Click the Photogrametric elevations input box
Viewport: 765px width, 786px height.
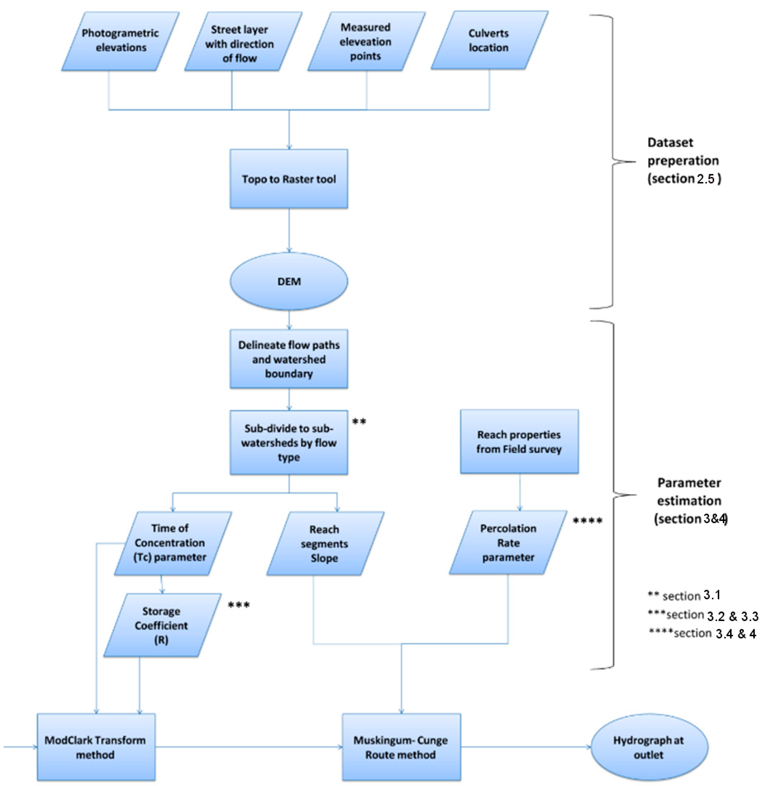point(120,41)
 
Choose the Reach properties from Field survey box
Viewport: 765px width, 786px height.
point(519,442)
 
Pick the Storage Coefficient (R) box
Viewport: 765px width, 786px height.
point(162,625)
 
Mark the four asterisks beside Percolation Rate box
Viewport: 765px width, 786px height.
point(587,521)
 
